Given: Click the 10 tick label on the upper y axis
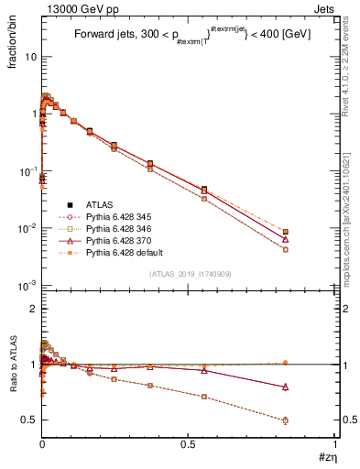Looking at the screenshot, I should point(30,56).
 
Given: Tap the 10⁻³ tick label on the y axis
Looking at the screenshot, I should point(27,286).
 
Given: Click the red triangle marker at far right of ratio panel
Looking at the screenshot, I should point(286,387).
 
